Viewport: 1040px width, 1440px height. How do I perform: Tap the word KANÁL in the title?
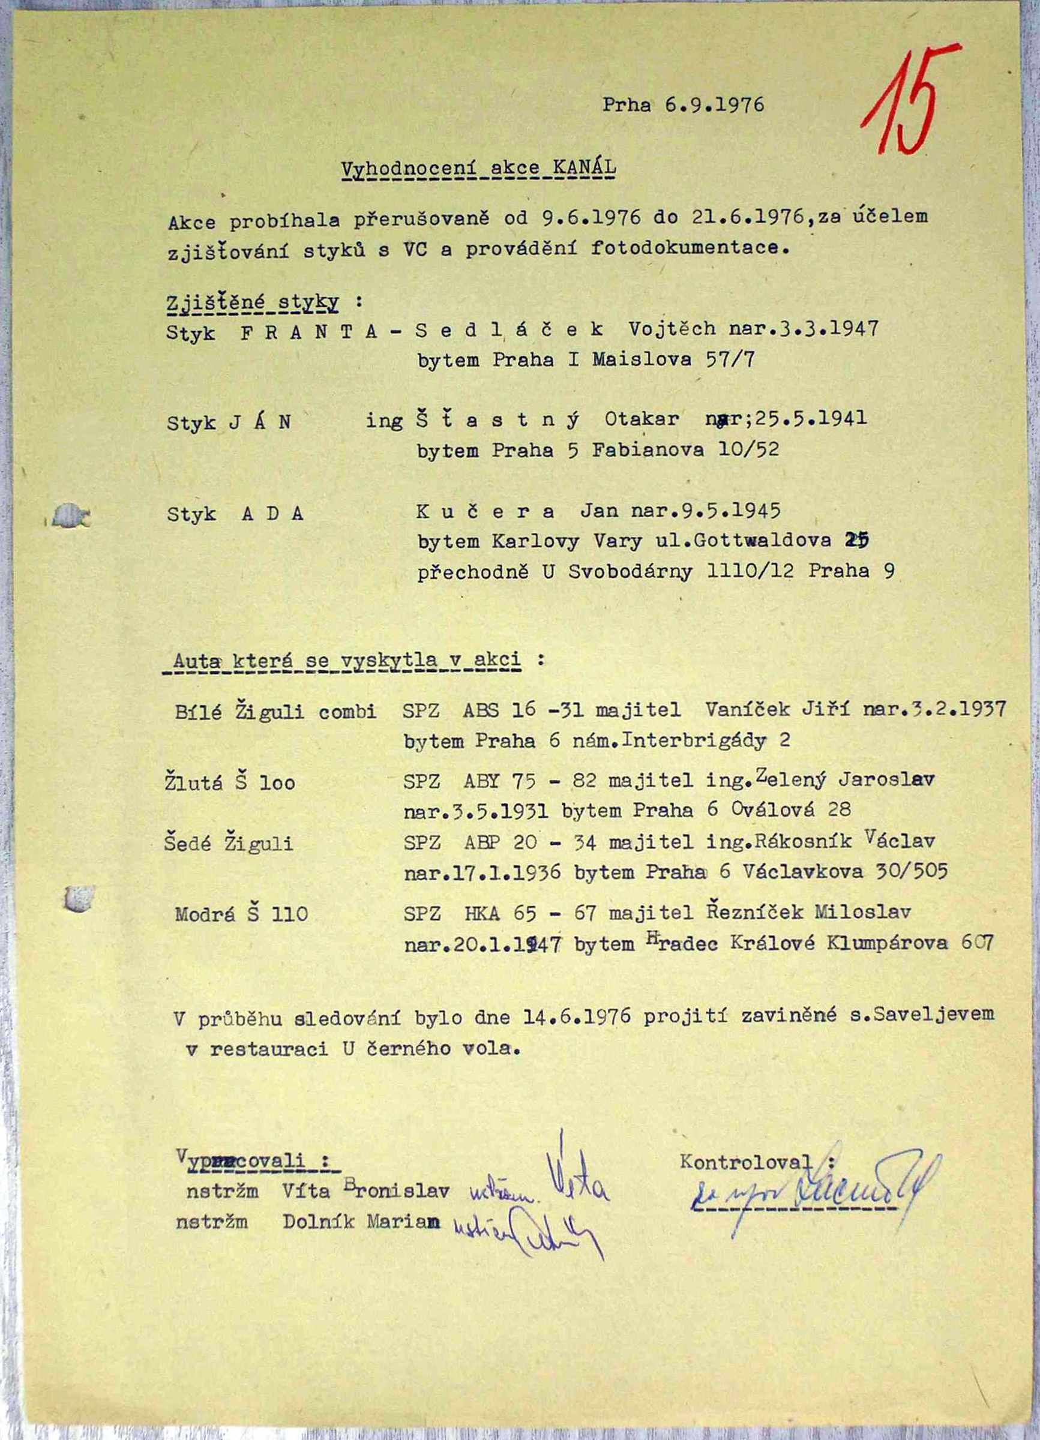pyautogui.click(x=584, y=168)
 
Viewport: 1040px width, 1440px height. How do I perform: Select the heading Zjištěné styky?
pyautogui.click(x=253, y=303)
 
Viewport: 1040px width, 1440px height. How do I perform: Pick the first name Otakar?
pyautogui.click(x=642, y=419)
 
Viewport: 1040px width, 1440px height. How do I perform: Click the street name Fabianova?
pyautogui.click(x=647, y=450)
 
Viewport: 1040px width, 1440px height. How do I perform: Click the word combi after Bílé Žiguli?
pyautogui.click(x=347, y=711)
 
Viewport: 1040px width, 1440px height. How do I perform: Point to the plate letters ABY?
pyautogui.click(x=482, y=781)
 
